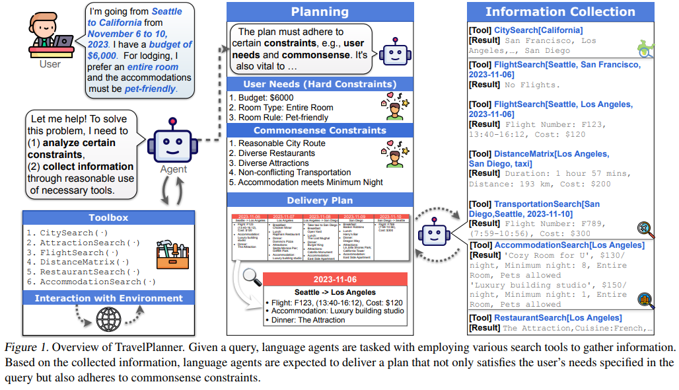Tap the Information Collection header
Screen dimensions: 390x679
pos(560,11)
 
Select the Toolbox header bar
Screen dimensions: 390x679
pos(108,217)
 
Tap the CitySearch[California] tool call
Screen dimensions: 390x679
pos(538,30)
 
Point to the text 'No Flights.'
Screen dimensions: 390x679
pos(532,85)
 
